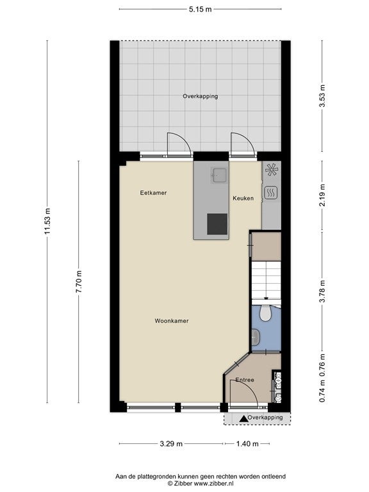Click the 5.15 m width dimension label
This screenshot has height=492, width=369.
[x=200, y=10]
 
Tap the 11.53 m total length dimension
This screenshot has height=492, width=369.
[x=47, y=221]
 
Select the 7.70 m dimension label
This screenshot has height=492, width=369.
[x=79, y=281]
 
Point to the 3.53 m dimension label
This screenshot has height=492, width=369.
[x=322, y=95]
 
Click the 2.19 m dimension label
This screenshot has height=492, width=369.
[x=322, y=195]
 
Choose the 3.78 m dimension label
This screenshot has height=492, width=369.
[x=322, y=291]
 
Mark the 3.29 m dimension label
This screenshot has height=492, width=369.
[x=171, y=444]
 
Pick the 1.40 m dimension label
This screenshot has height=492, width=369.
[x=247, y=444]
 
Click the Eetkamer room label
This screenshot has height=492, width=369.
[x=153, y=193]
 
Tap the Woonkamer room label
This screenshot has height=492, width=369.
[x=172, y=321]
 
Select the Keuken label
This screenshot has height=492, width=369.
[x=243, y=199]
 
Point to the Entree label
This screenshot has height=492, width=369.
[x=245, y=380]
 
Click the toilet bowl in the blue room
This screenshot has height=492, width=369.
[x=266, y=313]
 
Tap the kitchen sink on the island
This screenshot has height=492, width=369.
[x=218, y=176]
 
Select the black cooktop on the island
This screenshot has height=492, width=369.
[x=217, y=224]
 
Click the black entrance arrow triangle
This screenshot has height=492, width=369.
[x=243, y=418]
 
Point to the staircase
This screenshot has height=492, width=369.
[x=266, y=280]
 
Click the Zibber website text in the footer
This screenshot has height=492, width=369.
[x=215, y=484]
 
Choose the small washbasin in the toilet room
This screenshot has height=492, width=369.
[x=256, y=336]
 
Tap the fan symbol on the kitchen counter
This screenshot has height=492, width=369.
[x=272, y=170]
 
